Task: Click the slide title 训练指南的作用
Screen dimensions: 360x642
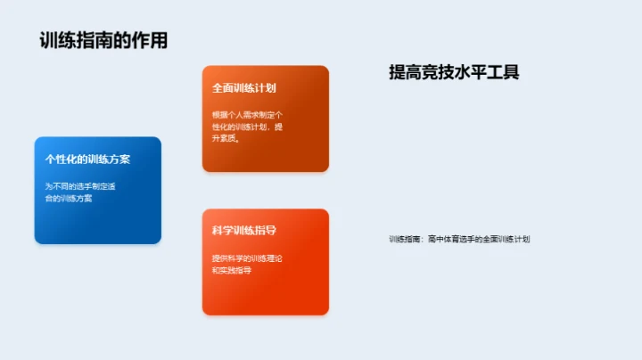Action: point(103,41)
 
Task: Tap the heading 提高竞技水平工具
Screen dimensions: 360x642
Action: point(454,73)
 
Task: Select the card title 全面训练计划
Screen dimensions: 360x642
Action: point(243,89)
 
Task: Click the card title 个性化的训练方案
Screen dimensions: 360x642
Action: point(88,160)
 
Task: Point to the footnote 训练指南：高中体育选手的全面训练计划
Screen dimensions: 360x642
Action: point(459,239)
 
